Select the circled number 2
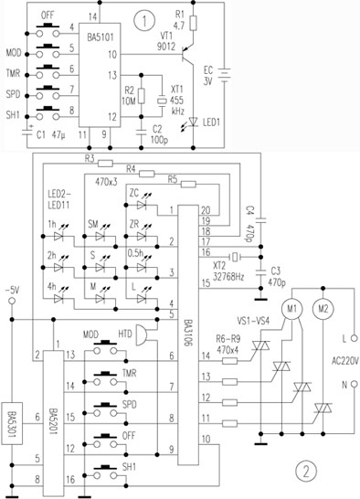304,472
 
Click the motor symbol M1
291,308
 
